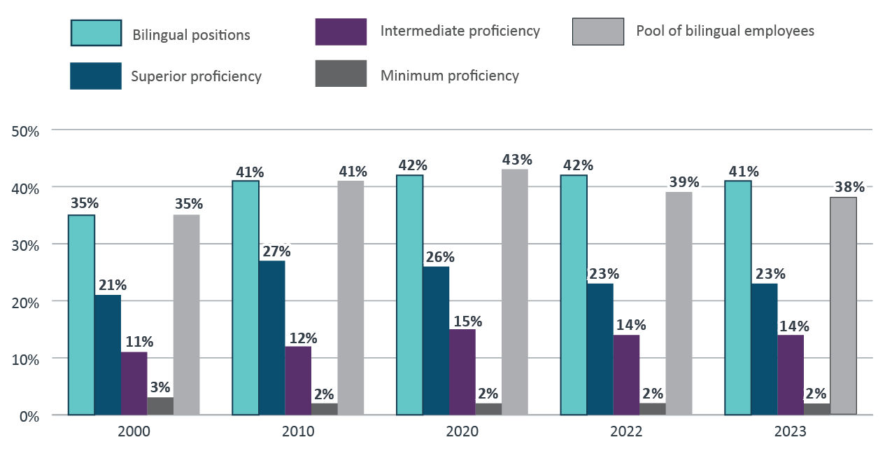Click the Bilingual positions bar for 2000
[x=81, y=315]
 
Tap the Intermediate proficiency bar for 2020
[x=462, y=372]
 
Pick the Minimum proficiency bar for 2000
[x=160, y=406]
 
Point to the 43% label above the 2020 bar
[x=516, y=159]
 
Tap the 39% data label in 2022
[x=684, y=182]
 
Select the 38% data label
[x=849, y=187]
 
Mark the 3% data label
[x=160, y=387]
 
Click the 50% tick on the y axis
[x=25, y=131]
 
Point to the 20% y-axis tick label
[x=25, y=302]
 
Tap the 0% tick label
[x=29, y=415]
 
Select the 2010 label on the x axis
[x=298, y=431]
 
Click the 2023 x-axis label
[x=791, y=431]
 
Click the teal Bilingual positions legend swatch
[x=96, y=33]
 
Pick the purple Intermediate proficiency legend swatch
[x=341, y=32]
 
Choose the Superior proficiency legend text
[x=196, y=76]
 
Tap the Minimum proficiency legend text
[x=449, y=76]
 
